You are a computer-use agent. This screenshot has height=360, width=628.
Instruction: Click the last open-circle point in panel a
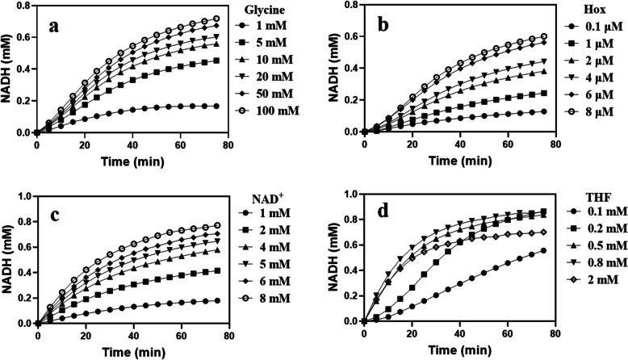click(x=216, y=19)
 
